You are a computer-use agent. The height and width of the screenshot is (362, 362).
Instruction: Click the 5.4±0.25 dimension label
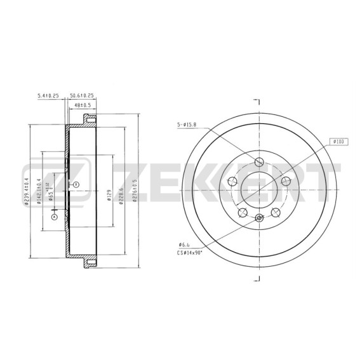tap(48, 95)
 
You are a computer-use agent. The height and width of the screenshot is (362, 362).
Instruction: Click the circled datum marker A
tap(54, 217)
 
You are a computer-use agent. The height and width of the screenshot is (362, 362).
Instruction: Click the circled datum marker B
tap(76, 184)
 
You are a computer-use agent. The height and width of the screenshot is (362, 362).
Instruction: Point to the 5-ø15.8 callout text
tap(187, 124)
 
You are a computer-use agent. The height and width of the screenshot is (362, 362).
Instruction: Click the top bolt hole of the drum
tap(259, 161)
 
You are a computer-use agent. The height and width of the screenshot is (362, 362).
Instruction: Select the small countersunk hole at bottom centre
tap(258, 219)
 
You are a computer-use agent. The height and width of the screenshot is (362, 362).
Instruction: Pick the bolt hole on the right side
tap(285, 182)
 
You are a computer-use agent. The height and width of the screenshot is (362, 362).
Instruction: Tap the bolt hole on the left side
tap(232, 182)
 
